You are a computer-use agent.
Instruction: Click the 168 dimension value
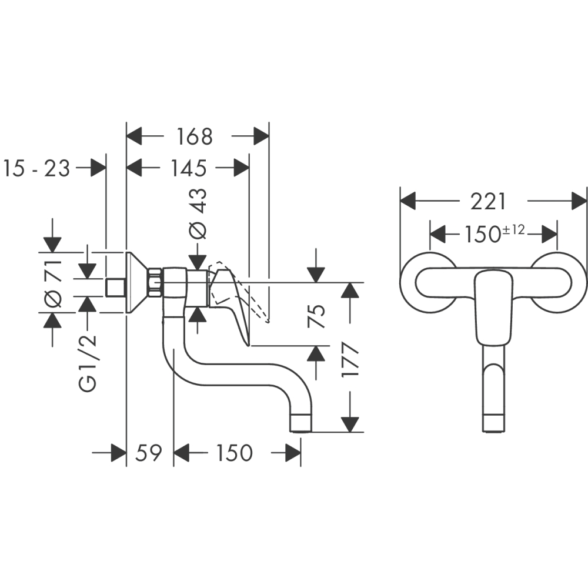[x=194, y=136]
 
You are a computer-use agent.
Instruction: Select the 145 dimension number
[x=189, y=168]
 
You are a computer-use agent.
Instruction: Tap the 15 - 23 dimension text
[x=36, y=168]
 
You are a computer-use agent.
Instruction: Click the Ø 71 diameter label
[x=53, y=283]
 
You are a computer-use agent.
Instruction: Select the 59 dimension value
[x=149, y=453]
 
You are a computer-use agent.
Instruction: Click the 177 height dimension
[x=350, y=360]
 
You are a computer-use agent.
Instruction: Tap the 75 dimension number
[x=316, y=316]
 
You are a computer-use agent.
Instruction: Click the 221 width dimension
[x=488, y=202]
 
